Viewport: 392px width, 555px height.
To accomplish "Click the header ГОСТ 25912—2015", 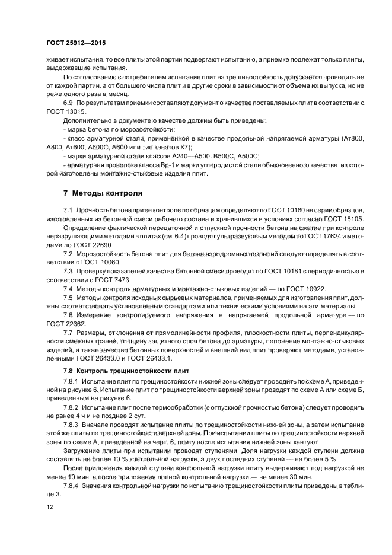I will (75, 43).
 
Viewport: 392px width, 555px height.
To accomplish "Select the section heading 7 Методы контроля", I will (100, 193).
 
